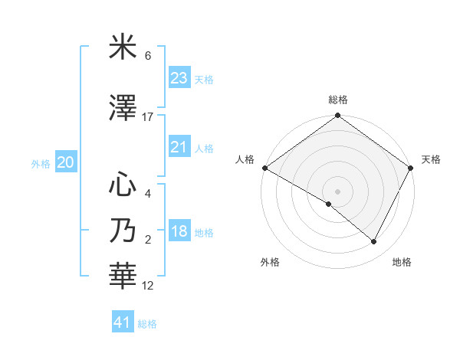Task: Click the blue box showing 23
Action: point(179,78)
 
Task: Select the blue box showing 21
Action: point(179,147)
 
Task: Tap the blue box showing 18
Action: point(179,232)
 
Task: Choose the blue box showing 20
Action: point(66,162)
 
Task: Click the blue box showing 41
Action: point(123,322)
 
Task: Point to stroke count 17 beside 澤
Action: point(148,117)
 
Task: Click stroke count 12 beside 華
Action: point(148,286)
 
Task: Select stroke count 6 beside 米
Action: point(148,56)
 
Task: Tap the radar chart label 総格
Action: point(338,100)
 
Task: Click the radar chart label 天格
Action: point(432,159)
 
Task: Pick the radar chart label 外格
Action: point(270,263)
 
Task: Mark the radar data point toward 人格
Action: point(264,168)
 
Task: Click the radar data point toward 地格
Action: point(374,242)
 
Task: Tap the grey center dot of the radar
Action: point(337,191)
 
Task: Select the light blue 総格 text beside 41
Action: point(147,324)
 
